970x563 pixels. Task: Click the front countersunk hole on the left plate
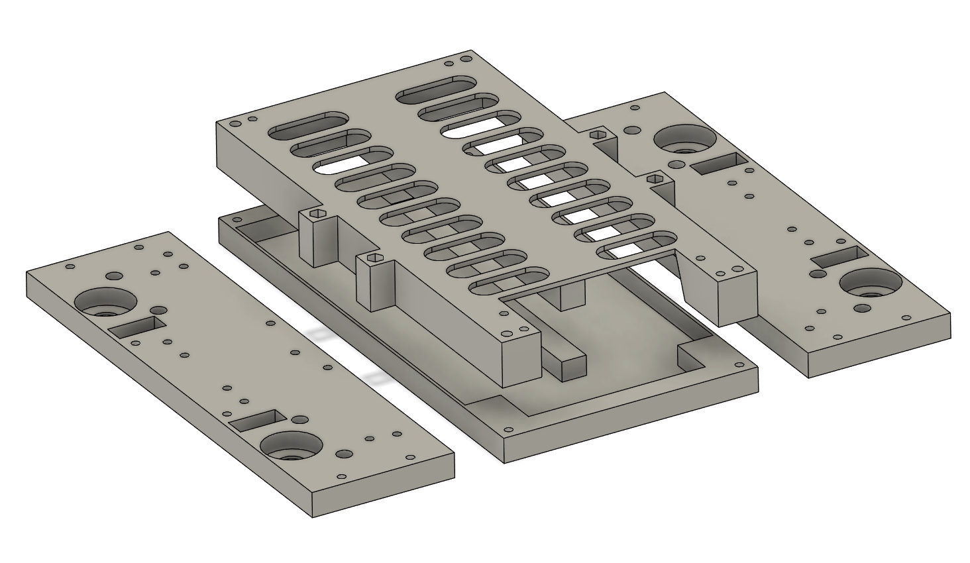pos(291,447)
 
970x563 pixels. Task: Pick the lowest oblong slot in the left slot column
pos(509,281)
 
